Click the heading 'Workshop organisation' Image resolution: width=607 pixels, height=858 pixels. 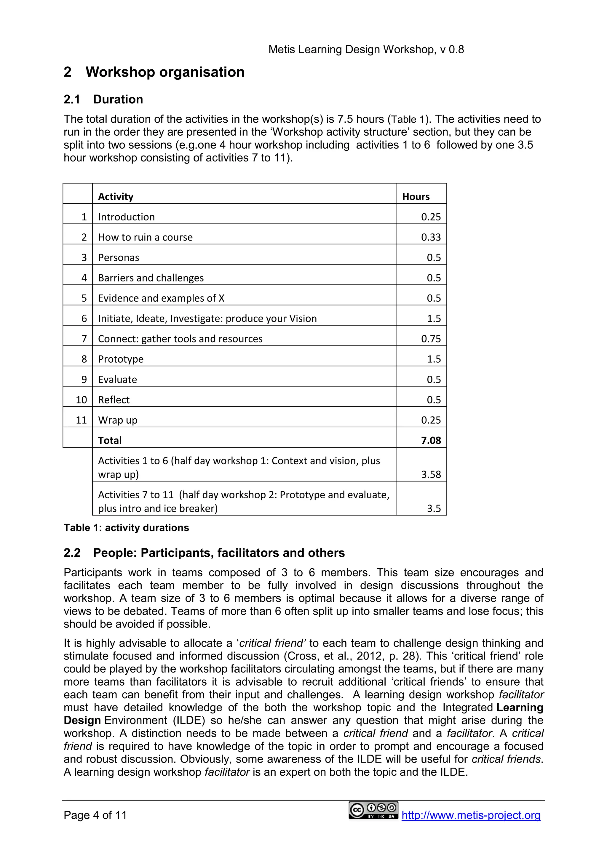click(x=165, y=72)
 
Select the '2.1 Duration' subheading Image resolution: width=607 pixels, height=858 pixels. click(x=103, y=100)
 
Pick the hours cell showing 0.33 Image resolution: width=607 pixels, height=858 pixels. click(x=431, y=237)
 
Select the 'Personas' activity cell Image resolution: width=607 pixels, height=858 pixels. click(x=119, y=257)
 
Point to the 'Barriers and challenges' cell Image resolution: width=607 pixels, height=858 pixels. click(x=151, y=278)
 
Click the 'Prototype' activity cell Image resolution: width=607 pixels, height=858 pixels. click(x=121, y=359)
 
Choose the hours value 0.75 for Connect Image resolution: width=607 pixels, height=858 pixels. click(x=431, y=339)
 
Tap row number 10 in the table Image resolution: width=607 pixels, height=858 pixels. click(x=81, y=400)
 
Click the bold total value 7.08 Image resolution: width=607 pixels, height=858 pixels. click(x=431, y=440)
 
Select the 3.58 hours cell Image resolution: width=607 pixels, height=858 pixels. click(x=431, y=474)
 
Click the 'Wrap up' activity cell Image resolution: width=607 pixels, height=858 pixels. click(x=117, y=420)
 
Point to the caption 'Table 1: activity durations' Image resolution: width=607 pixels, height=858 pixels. click(x=126, y=528)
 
